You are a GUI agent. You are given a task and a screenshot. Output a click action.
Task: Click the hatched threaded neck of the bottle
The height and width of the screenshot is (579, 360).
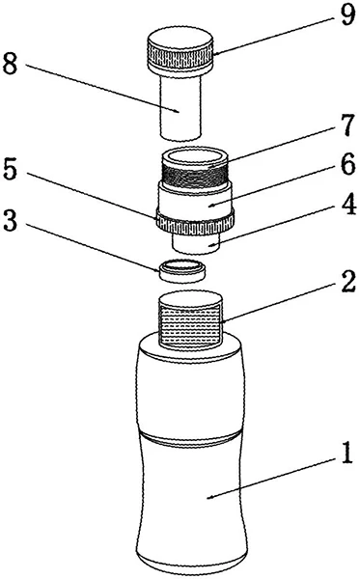point(189,326)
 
